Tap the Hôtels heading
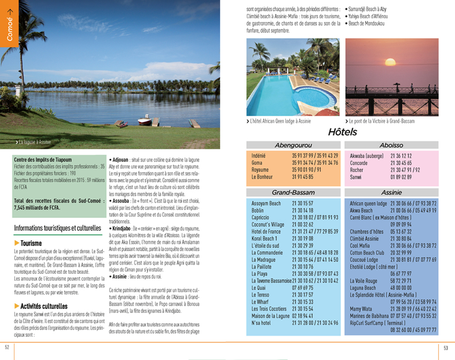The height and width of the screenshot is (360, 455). point(343,132)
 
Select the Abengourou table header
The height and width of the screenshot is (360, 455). point(293,145)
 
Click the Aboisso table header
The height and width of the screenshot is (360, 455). point(391,145)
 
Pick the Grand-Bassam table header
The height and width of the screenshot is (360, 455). point(293,192)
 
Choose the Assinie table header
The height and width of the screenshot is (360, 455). point(391,192)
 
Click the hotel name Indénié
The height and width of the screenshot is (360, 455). point(259,155)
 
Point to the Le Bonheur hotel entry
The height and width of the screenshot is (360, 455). point(262,176)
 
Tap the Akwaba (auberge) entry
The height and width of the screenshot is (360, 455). point(367,155)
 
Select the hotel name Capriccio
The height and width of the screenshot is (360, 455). point(261,217)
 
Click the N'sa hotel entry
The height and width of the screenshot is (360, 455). point(261,322)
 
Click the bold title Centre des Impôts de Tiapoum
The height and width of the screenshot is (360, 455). point(43,160)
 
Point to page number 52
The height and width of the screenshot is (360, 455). point(7,347)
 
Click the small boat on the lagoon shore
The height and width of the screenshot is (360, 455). point(145,120)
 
